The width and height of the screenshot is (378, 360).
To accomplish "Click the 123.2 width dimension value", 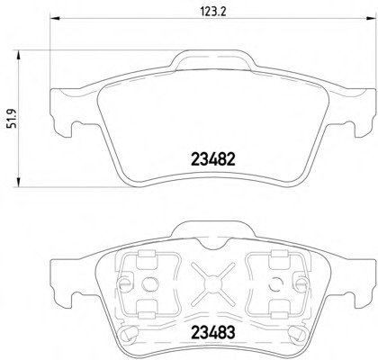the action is click(212, 12).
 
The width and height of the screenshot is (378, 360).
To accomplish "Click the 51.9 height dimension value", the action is click(12, 119).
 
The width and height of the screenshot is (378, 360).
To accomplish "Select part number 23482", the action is click(213, 159).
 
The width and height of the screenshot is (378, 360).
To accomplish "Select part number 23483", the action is click(213, 332).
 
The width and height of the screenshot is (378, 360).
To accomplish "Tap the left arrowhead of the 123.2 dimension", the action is click(55, 19).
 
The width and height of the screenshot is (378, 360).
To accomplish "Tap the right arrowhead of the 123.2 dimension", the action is click(371, 19).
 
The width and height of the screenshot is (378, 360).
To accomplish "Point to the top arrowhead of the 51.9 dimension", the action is click(19, 56).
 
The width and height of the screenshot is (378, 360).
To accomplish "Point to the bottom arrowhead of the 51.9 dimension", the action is click(19, 182).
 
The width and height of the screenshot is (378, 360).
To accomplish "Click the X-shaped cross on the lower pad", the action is click(213, 283).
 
